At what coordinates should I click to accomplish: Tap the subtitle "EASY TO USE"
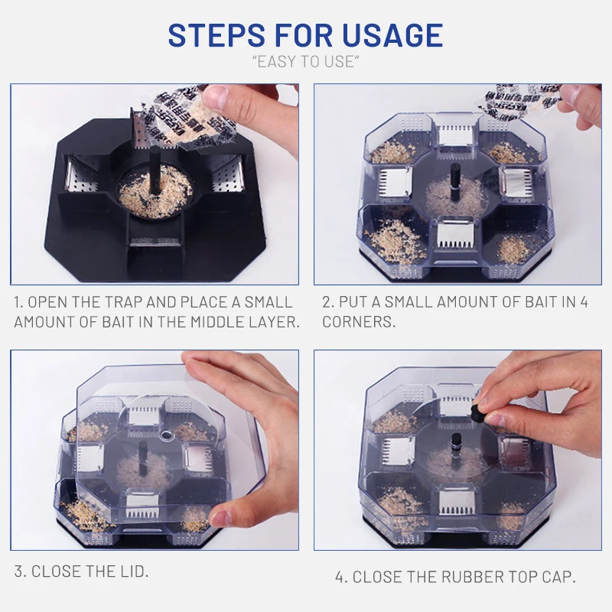[305, 61]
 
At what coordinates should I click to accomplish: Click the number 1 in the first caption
[18, 301]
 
